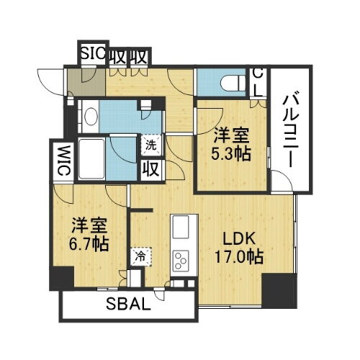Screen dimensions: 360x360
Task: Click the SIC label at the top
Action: coord(94,54)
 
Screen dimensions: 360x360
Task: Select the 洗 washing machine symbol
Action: coord(150,145)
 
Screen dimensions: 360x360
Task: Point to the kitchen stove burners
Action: coord(181,261)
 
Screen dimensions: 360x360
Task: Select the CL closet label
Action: coord(257,81)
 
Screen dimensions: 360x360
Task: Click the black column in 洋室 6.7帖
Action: coord(62,277)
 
